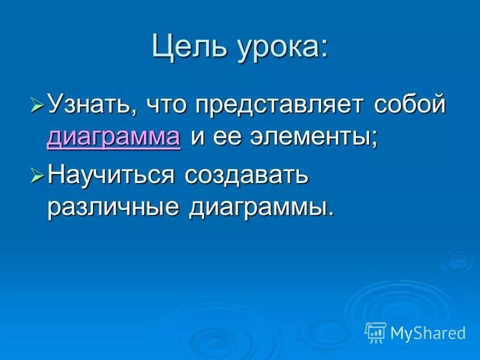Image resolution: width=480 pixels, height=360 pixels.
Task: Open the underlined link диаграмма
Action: pyautogui.click(x=113, y=138)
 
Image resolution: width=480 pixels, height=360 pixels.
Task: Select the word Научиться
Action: pyautogui.click(x=111, y=176)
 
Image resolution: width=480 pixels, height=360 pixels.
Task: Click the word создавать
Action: pyautogui.click(x=247, y=176)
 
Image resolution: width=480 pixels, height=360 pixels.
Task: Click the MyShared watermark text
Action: pyautogui.click(x=428, y=332)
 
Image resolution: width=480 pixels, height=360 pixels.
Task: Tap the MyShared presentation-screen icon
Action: pyautogui.click(x=376, y=332)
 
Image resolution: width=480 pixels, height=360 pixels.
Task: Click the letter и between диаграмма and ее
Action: pyautogui.click(x=198, y=138)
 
